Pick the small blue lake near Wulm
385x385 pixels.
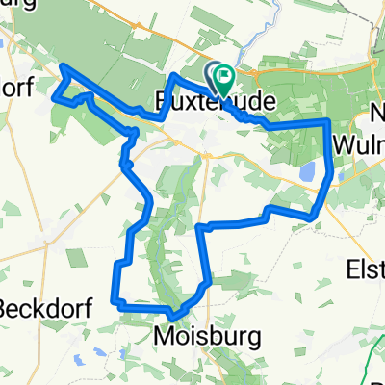pos(307,172)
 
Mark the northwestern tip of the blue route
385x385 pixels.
pos(64,65)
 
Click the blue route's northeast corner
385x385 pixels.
pos(329,121)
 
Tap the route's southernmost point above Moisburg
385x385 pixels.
pos(172,316)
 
